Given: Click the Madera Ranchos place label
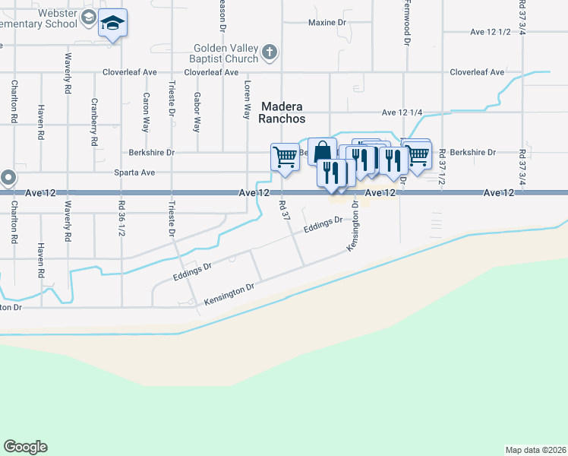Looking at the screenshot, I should (282, 112).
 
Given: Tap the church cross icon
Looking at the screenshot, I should (268, 53).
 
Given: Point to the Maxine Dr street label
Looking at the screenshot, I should (327, 23).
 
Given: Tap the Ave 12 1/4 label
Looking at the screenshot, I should (402, 112).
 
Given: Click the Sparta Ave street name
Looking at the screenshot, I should (136, 173).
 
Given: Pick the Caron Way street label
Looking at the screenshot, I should (145, 112).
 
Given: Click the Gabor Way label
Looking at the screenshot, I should (197, 112).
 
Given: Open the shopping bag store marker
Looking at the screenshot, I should (322, 151).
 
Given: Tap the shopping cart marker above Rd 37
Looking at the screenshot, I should (285, 157).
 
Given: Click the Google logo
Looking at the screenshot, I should (25, 447).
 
